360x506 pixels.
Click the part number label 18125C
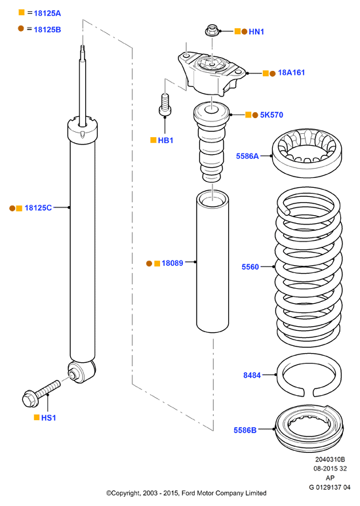(x=38, y=208)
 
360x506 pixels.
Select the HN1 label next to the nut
(x=256, y=32)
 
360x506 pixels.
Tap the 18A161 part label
(x=291, y=73)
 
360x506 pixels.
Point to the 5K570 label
(x=271, y=115)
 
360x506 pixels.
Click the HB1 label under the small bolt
(x=165, y=140)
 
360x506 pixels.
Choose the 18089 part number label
(x=172, y=263)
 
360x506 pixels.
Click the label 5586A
(x=247, y=156)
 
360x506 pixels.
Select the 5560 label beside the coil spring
(x=250, y=267)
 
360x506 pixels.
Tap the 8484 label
(x=252, y=375)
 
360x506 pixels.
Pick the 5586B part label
(x=245, y=430)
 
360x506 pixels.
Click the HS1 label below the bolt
(x=49, y=418)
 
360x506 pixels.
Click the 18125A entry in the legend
(x=47, y=13)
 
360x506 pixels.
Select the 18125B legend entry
(x=47, y=30)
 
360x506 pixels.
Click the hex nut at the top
(x=212, y=30)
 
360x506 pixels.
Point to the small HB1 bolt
(x=165, y=104)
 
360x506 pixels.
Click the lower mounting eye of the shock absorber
(x=81, y=371)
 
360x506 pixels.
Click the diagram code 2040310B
(x=330, y=459)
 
